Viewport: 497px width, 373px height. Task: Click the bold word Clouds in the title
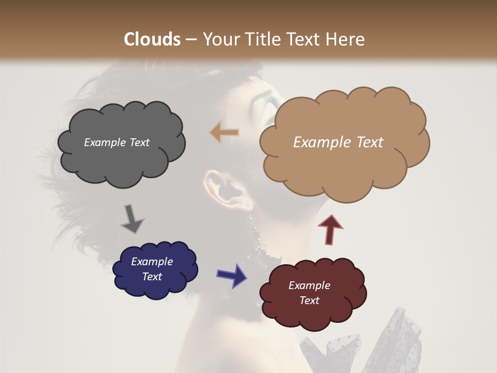click(152, 39)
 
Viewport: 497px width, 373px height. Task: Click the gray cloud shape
click(121, 142)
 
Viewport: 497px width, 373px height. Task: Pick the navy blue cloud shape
click(155, 269)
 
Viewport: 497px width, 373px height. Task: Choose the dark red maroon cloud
click(313, 293)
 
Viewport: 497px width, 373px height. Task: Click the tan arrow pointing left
click(224, 133)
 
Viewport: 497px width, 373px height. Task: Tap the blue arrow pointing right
click(232, 275)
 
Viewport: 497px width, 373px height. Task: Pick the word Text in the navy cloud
click(152, 277)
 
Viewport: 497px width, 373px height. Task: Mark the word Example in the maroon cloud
click(309, 285)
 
